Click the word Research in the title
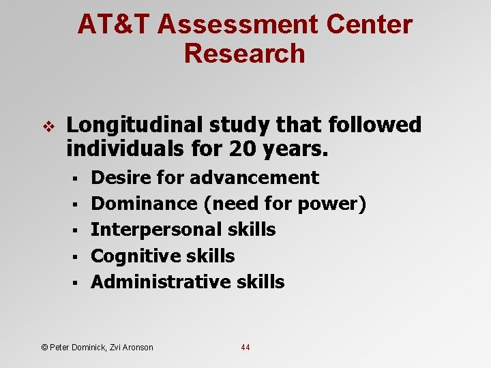pos(245,53)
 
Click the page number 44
pos(245,348)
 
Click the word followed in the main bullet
pos(375,125)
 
